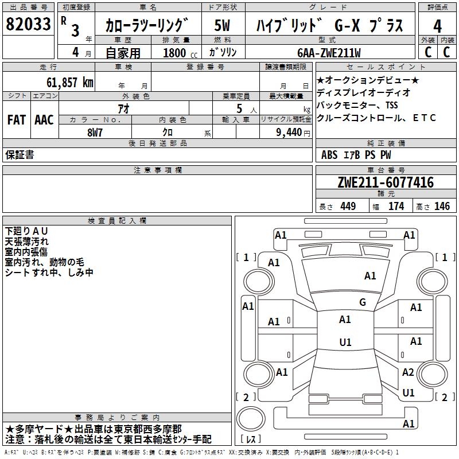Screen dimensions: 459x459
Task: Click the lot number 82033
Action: coord(28,25)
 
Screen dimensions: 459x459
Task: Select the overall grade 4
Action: coord(437,26)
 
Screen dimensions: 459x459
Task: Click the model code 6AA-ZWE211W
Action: coord(329,53)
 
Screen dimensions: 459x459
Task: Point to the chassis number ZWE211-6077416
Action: coord(386,183)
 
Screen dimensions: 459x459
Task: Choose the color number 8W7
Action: coord(95,131)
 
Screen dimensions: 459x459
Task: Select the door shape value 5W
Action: coord(223,26)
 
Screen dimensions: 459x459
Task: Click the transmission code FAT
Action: coord(16,120)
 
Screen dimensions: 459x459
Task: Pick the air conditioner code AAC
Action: coord(44,120)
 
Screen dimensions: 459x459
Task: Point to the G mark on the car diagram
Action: coord(363,302)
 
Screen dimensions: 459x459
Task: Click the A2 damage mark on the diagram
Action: coord(408,372)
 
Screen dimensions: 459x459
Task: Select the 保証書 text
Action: coord(20,155)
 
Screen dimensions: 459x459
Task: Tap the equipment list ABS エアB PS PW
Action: coord(356,155)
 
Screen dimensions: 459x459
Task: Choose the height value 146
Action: coord(442,206)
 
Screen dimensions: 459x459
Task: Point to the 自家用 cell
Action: coord(123,53)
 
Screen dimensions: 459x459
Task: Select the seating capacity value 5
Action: coord(238,108)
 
